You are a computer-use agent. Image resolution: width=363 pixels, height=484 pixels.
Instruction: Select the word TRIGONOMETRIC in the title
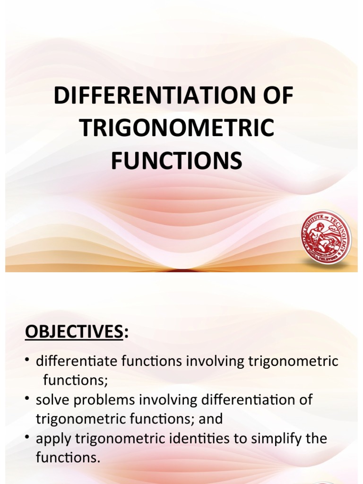[176, 128]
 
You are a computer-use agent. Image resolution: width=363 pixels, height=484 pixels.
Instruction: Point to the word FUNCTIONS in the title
[176, 160]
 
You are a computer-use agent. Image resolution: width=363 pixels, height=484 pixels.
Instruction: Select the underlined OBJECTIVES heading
[73, 332]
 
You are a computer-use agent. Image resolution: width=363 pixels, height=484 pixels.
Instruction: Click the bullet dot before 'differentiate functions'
[29, 360]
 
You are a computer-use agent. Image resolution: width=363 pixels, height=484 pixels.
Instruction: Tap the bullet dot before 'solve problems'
[29, 398]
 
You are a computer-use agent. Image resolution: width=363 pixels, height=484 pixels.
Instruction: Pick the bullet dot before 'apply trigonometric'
[29, 437]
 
